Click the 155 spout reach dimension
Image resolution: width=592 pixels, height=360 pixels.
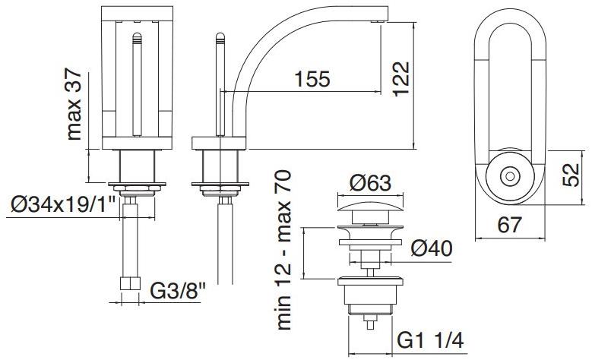(x=312, y=79)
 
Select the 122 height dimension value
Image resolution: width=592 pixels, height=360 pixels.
(x=401, y=79)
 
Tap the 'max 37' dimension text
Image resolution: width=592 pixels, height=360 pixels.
(x=74, y=104)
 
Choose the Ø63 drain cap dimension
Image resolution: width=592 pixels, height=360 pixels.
(x=370, y=183)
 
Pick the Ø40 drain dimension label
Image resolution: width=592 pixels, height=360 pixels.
(x=432, y=248)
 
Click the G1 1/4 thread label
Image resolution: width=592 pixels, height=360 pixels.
(x=430, y=340)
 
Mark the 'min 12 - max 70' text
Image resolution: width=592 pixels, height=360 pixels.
(x=284, y=250)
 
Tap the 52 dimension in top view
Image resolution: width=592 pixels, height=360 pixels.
(x=571, y=175)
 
